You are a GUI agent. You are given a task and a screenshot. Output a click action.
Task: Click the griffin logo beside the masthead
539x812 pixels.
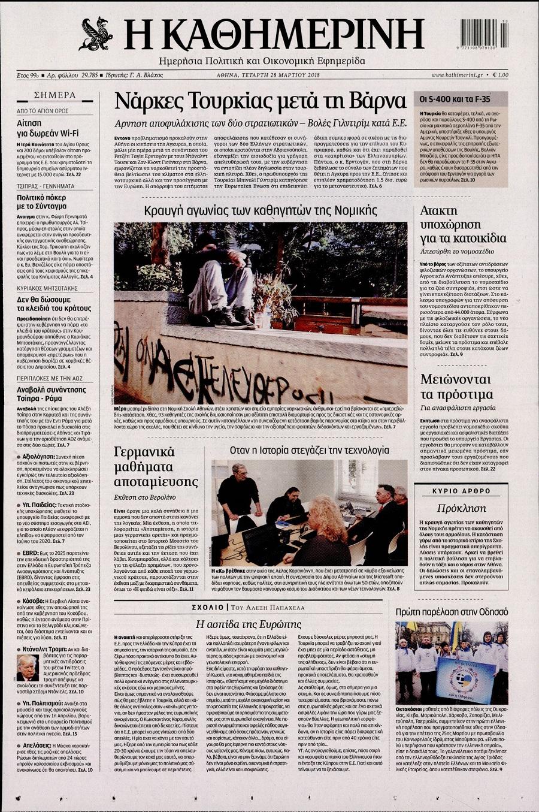pos(96,34)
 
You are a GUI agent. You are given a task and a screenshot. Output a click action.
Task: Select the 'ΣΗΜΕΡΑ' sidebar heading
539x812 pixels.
pos(54,95)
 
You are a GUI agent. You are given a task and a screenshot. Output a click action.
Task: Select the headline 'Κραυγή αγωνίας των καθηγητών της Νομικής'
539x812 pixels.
pos(261,210)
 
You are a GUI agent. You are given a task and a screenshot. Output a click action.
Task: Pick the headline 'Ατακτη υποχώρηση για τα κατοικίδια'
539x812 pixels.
pos(462,224)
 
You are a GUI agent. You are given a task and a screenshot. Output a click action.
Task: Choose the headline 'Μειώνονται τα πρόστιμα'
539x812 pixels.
pos(456,387)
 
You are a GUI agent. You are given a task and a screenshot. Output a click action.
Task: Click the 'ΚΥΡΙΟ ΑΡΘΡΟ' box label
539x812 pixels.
pos(461,491)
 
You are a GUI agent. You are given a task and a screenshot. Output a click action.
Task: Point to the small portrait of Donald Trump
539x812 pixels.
pos(26,668)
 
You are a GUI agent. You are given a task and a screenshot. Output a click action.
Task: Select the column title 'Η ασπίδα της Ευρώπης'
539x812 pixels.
pos(249,624)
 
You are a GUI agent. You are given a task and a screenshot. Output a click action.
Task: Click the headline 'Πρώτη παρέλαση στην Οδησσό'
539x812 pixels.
pos(452,611)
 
